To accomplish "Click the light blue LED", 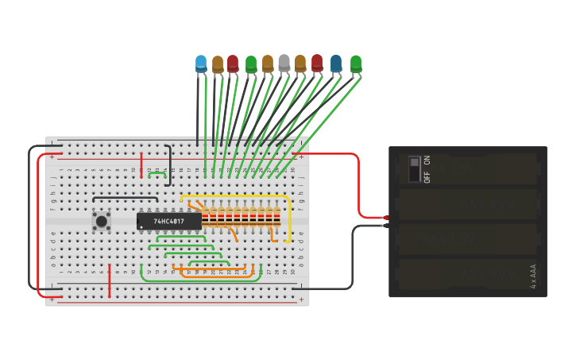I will click(x=201, y=64).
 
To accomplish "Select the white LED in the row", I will click(x=284, y=63).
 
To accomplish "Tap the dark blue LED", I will click(x=336, y=64).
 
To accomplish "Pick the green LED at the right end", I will click(x=355, y=64).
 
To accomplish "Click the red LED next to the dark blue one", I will click(x=317, y=63).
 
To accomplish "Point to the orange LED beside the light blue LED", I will click(x=218, y=64).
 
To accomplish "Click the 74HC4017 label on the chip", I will click(x=168, y=221).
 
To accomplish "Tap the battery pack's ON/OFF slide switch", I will click(x=414, y=168).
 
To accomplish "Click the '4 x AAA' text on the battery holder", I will click(x=533, y=276).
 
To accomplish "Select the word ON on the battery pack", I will click(x=427, y=160).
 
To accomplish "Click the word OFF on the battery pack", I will click(x=427, y=176).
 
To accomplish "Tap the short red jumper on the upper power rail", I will click(x=141, y=164).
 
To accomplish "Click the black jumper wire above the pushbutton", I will click(x=125, y=197).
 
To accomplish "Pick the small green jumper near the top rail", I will click(x=157, y=173).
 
